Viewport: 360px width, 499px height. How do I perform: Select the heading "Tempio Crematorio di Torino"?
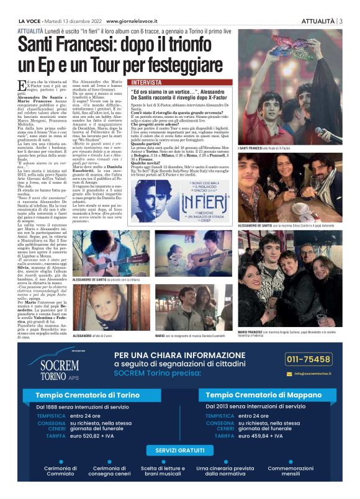coord(88,395)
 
